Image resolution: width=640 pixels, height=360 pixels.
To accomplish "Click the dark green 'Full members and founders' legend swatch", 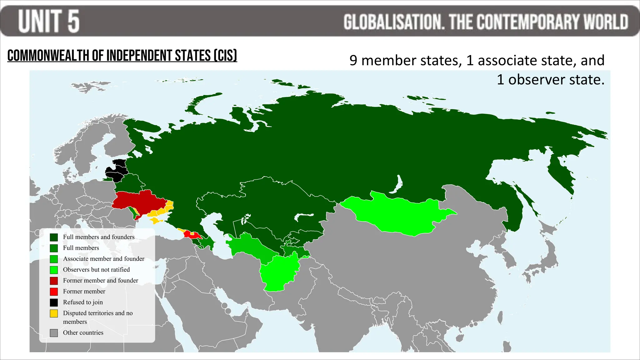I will (54, 237).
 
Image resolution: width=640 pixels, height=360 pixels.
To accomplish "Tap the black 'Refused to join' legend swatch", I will (54, 302).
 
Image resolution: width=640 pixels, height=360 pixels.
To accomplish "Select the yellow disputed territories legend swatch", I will (54, 313).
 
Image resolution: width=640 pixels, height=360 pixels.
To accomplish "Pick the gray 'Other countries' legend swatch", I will (54, 333).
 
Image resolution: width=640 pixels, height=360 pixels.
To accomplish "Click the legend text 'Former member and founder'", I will (100, 281).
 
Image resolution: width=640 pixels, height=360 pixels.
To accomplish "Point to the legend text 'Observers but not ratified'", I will (96, 270).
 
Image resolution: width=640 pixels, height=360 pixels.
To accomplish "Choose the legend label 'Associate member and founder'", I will (103, 259).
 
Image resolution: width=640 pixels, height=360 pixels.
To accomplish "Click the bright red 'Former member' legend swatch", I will (54, 292).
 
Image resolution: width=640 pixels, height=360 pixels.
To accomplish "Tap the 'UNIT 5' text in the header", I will (49, 21).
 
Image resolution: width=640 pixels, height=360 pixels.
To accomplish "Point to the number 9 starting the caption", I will (353, 60).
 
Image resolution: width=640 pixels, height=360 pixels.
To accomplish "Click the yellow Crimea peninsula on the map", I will (155, 221).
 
